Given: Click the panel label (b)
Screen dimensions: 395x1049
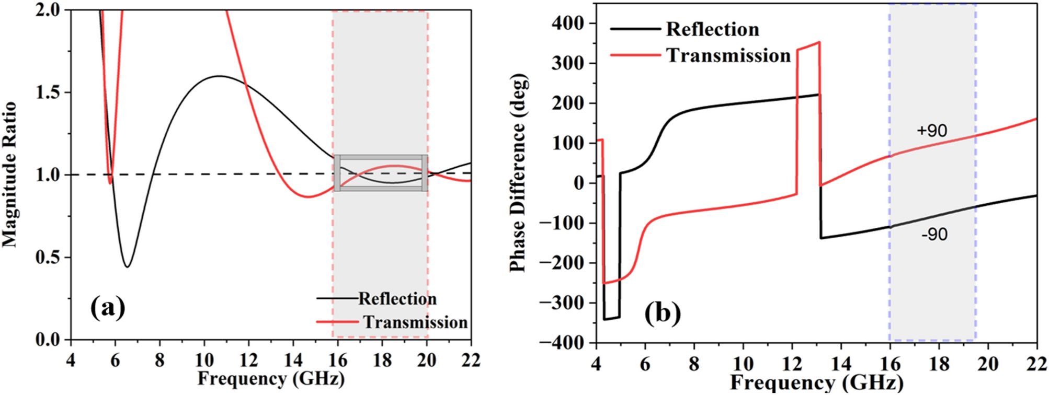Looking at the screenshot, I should click(x=663, y=313).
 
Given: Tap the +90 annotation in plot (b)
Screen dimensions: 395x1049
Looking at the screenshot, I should click(x=932, y=130).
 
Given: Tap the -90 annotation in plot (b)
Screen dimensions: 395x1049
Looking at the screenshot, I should click(x=934, y=234).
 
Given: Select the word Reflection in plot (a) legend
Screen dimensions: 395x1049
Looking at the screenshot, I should click(x=397, y=299).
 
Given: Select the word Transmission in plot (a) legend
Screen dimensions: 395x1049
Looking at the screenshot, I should click(x=415, y=322).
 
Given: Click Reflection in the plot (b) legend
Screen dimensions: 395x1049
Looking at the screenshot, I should click(x=712, y=29).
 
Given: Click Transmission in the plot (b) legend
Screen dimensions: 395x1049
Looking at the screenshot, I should click(x=728, y=55).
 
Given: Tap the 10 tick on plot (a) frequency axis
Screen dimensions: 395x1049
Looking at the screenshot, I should click(x=204, y=361).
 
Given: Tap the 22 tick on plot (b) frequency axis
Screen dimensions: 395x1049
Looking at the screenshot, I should click(x=1036, y=364).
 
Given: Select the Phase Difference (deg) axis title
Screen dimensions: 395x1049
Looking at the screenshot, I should click(x=518, y=172).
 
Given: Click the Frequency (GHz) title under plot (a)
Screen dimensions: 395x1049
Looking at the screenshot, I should click(x=271, y=378).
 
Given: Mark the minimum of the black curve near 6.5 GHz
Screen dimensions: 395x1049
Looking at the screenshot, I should click(x=127, y=267).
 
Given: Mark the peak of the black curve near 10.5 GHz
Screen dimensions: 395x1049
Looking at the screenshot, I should click(x=219, y=76).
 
